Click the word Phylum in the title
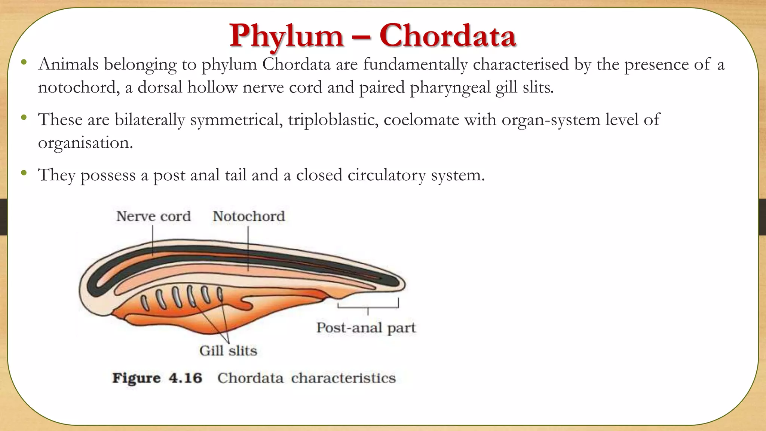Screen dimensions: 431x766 pyautogui.click(x=286, y=36)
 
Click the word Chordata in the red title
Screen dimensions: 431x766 pyautogui.click(x=447, y=36)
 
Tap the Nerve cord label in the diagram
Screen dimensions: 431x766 pyautogui.click(x=153, y=216)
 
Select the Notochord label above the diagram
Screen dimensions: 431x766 pyautogui.click(x=249, y=216)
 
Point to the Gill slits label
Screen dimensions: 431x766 pyautogui.click(x=228, y=351)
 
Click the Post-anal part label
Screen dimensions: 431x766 pyautogui.click(x=366, y=328)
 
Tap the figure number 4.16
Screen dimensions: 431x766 pyautogui.click(x=185, y=378)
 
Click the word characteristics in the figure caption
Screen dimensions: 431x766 pyautogui.click(x=343, y=378)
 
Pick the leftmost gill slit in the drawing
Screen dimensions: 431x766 pyautogui.click(x=145, y=302)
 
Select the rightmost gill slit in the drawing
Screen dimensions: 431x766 pyautogui.click(x=220, y=294)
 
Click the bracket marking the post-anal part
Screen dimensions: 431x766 pyautogui.click(x=368, y=307)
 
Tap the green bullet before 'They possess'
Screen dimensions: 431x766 pyautogui.click(x=24, y=173)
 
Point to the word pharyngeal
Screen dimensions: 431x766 pyautogui.click(x=450, y=88)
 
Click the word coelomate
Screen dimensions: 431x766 pyautogui.click(x=421, y=120)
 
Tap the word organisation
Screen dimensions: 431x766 pyautogui.click(x=85, y=143)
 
